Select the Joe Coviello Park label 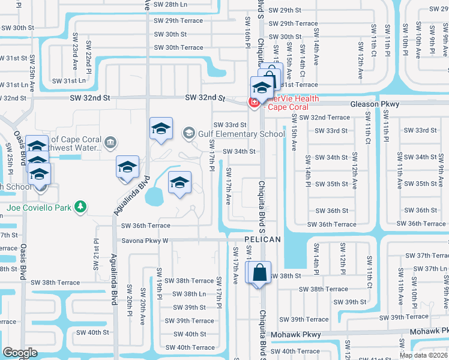click(39, 208)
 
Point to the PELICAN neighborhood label click(263, 239)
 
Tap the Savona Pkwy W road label click(145, 240)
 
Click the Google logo click(20, 353)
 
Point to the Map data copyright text click(424, 355)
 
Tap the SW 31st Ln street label click(69, 80)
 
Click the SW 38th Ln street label click(186, 294)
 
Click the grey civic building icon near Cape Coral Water click(110, 142)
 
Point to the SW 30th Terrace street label click(178, 47)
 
